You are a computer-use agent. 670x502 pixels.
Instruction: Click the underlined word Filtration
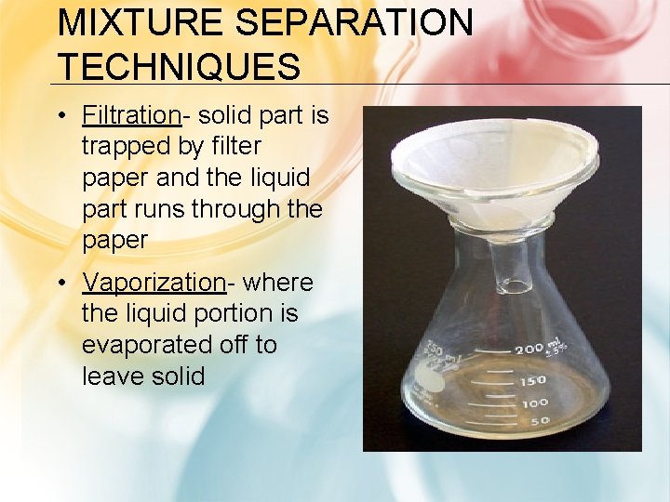coord(130,115)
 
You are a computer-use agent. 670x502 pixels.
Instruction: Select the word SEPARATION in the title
coord(348,23)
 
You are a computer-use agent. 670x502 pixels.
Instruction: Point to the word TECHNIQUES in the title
coord(179,67)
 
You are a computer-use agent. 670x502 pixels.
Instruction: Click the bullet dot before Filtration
coord(60,116)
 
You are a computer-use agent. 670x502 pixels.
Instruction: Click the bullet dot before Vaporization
coord(60,283)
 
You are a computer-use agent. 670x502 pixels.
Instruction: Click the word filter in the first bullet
coord(236,147)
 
